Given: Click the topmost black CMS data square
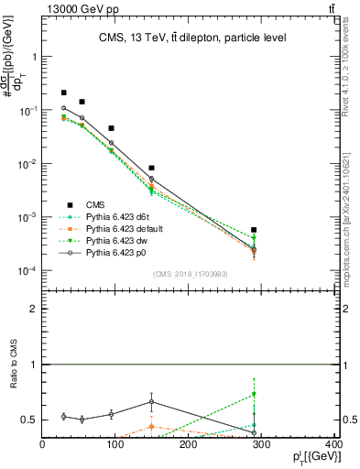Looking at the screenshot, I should point(63,93).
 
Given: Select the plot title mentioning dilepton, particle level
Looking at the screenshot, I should point(191,38).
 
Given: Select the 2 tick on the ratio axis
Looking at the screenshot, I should point(34,309).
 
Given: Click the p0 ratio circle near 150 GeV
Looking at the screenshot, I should point(151,401).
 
